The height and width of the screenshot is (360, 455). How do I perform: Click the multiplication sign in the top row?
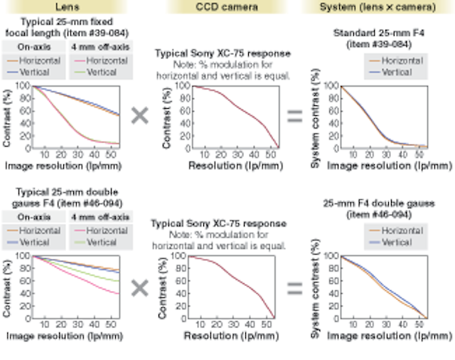pyautogui.click(x=140, y=116)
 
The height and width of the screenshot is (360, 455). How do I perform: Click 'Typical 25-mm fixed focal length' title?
pyautogui.click(x=65, y=27)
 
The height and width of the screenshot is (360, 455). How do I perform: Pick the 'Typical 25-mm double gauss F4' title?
pyautogui.click(x=65, y=197)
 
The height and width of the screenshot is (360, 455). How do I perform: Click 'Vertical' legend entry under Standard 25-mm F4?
pyautogui.click(x=396, y=72)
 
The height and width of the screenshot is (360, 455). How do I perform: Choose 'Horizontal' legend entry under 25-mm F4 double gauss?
pyautogui.click(x=400, y=231)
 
